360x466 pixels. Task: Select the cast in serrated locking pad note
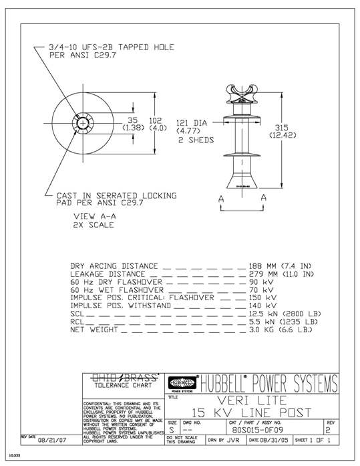[113, 200]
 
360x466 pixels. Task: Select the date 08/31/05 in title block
[274, 442]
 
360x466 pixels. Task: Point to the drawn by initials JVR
[232, 442]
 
